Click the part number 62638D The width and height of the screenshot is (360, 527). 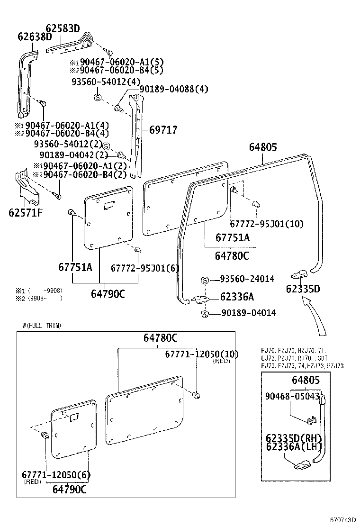point(35,37)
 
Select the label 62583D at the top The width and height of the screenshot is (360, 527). point(63,28)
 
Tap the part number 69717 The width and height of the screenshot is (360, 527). point(163,129)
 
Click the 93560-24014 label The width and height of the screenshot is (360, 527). point(246,279)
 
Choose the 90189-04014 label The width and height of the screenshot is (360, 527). point(248,313)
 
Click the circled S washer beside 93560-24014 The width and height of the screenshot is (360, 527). point(205,280)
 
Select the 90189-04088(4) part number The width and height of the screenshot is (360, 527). point(173,89)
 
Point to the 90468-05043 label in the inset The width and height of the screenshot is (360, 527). point(292,396)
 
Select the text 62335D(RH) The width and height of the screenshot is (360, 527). point(294,437)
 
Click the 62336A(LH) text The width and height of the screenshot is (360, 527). point(294,446)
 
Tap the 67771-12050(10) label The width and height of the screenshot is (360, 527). point(202,354)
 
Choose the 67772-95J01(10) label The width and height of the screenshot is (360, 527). point(267,223)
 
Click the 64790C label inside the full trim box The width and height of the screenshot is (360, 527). point(70,490)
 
